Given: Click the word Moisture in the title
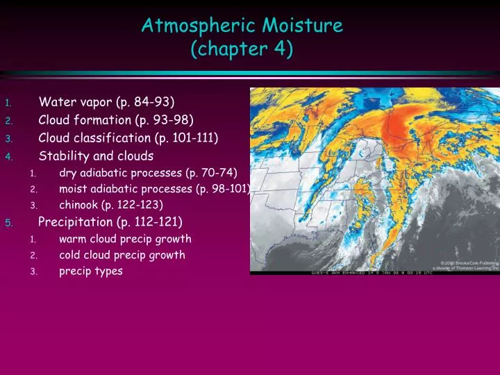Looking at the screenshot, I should (303, 26).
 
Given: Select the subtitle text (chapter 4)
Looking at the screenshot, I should (242, 49).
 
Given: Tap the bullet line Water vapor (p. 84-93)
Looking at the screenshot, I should (106, 103).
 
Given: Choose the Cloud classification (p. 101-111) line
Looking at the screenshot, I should (128, 137).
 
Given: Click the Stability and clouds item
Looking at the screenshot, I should (96, 155).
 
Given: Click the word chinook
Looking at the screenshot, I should (78, 205).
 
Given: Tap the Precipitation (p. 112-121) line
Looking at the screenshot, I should (110, 222).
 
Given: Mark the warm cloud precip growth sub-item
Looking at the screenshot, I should (125, 238).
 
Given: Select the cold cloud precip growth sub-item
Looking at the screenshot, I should (122, 255).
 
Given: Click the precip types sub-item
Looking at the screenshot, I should (91, 272).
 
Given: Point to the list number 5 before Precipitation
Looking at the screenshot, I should (8, 222).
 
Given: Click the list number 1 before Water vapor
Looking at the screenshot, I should (8, 104).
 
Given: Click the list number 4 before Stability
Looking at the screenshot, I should (8, 156).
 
